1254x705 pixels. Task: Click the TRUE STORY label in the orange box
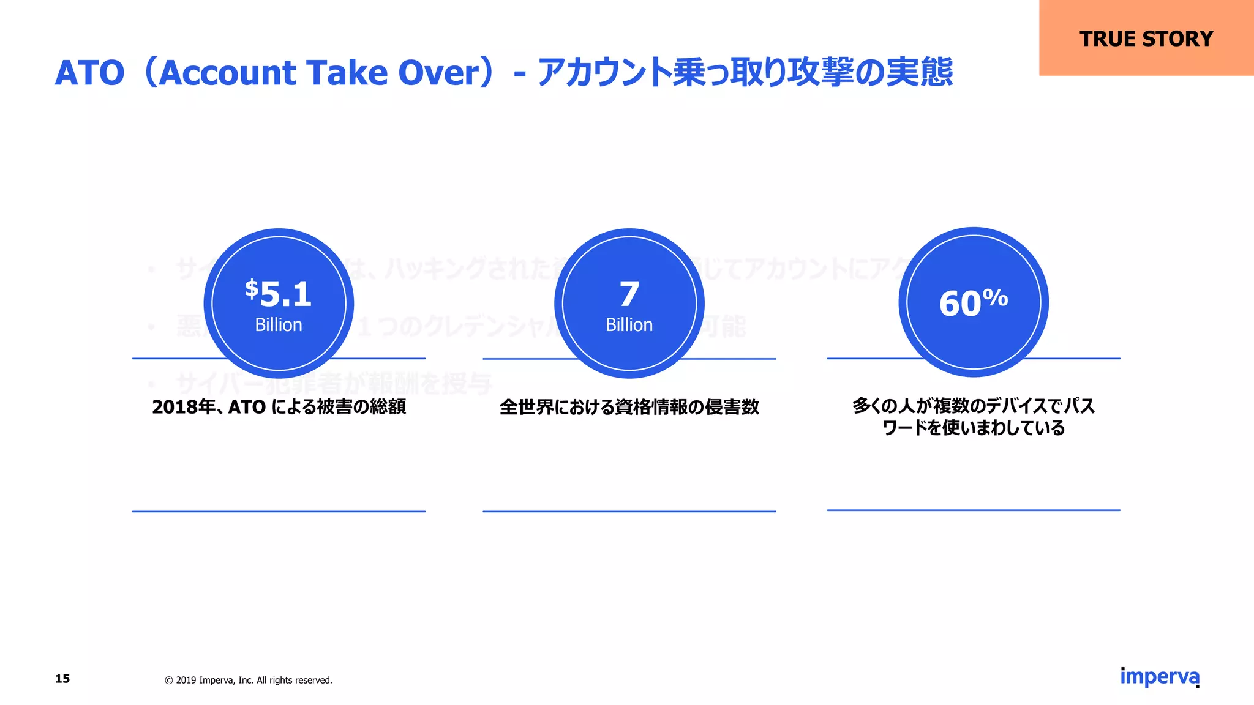pos(1146,39)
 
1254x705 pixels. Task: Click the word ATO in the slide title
pos(89,73)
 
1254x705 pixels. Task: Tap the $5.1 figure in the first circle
pos(279,294)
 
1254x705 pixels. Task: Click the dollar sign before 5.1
pos(252,288)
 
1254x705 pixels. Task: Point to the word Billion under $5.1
pos(279,325)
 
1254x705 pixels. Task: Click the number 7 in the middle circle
pos(629,294)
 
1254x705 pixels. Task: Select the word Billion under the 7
pos(629,325)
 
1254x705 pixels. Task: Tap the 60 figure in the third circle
pos(960,304)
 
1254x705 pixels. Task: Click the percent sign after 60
pos(996,297)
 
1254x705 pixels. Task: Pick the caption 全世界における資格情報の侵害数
pos(629,407)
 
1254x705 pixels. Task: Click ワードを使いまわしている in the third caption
pos(974,428)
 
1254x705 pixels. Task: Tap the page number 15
pos(62,679)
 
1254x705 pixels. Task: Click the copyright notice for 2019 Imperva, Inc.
pos(249,681)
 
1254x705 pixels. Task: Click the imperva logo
pos(1159,677)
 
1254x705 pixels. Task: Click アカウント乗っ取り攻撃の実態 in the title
pos(745,73)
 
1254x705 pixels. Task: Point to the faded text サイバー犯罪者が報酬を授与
pos(334,384)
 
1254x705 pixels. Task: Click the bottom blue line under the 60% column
pos(974,510)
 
